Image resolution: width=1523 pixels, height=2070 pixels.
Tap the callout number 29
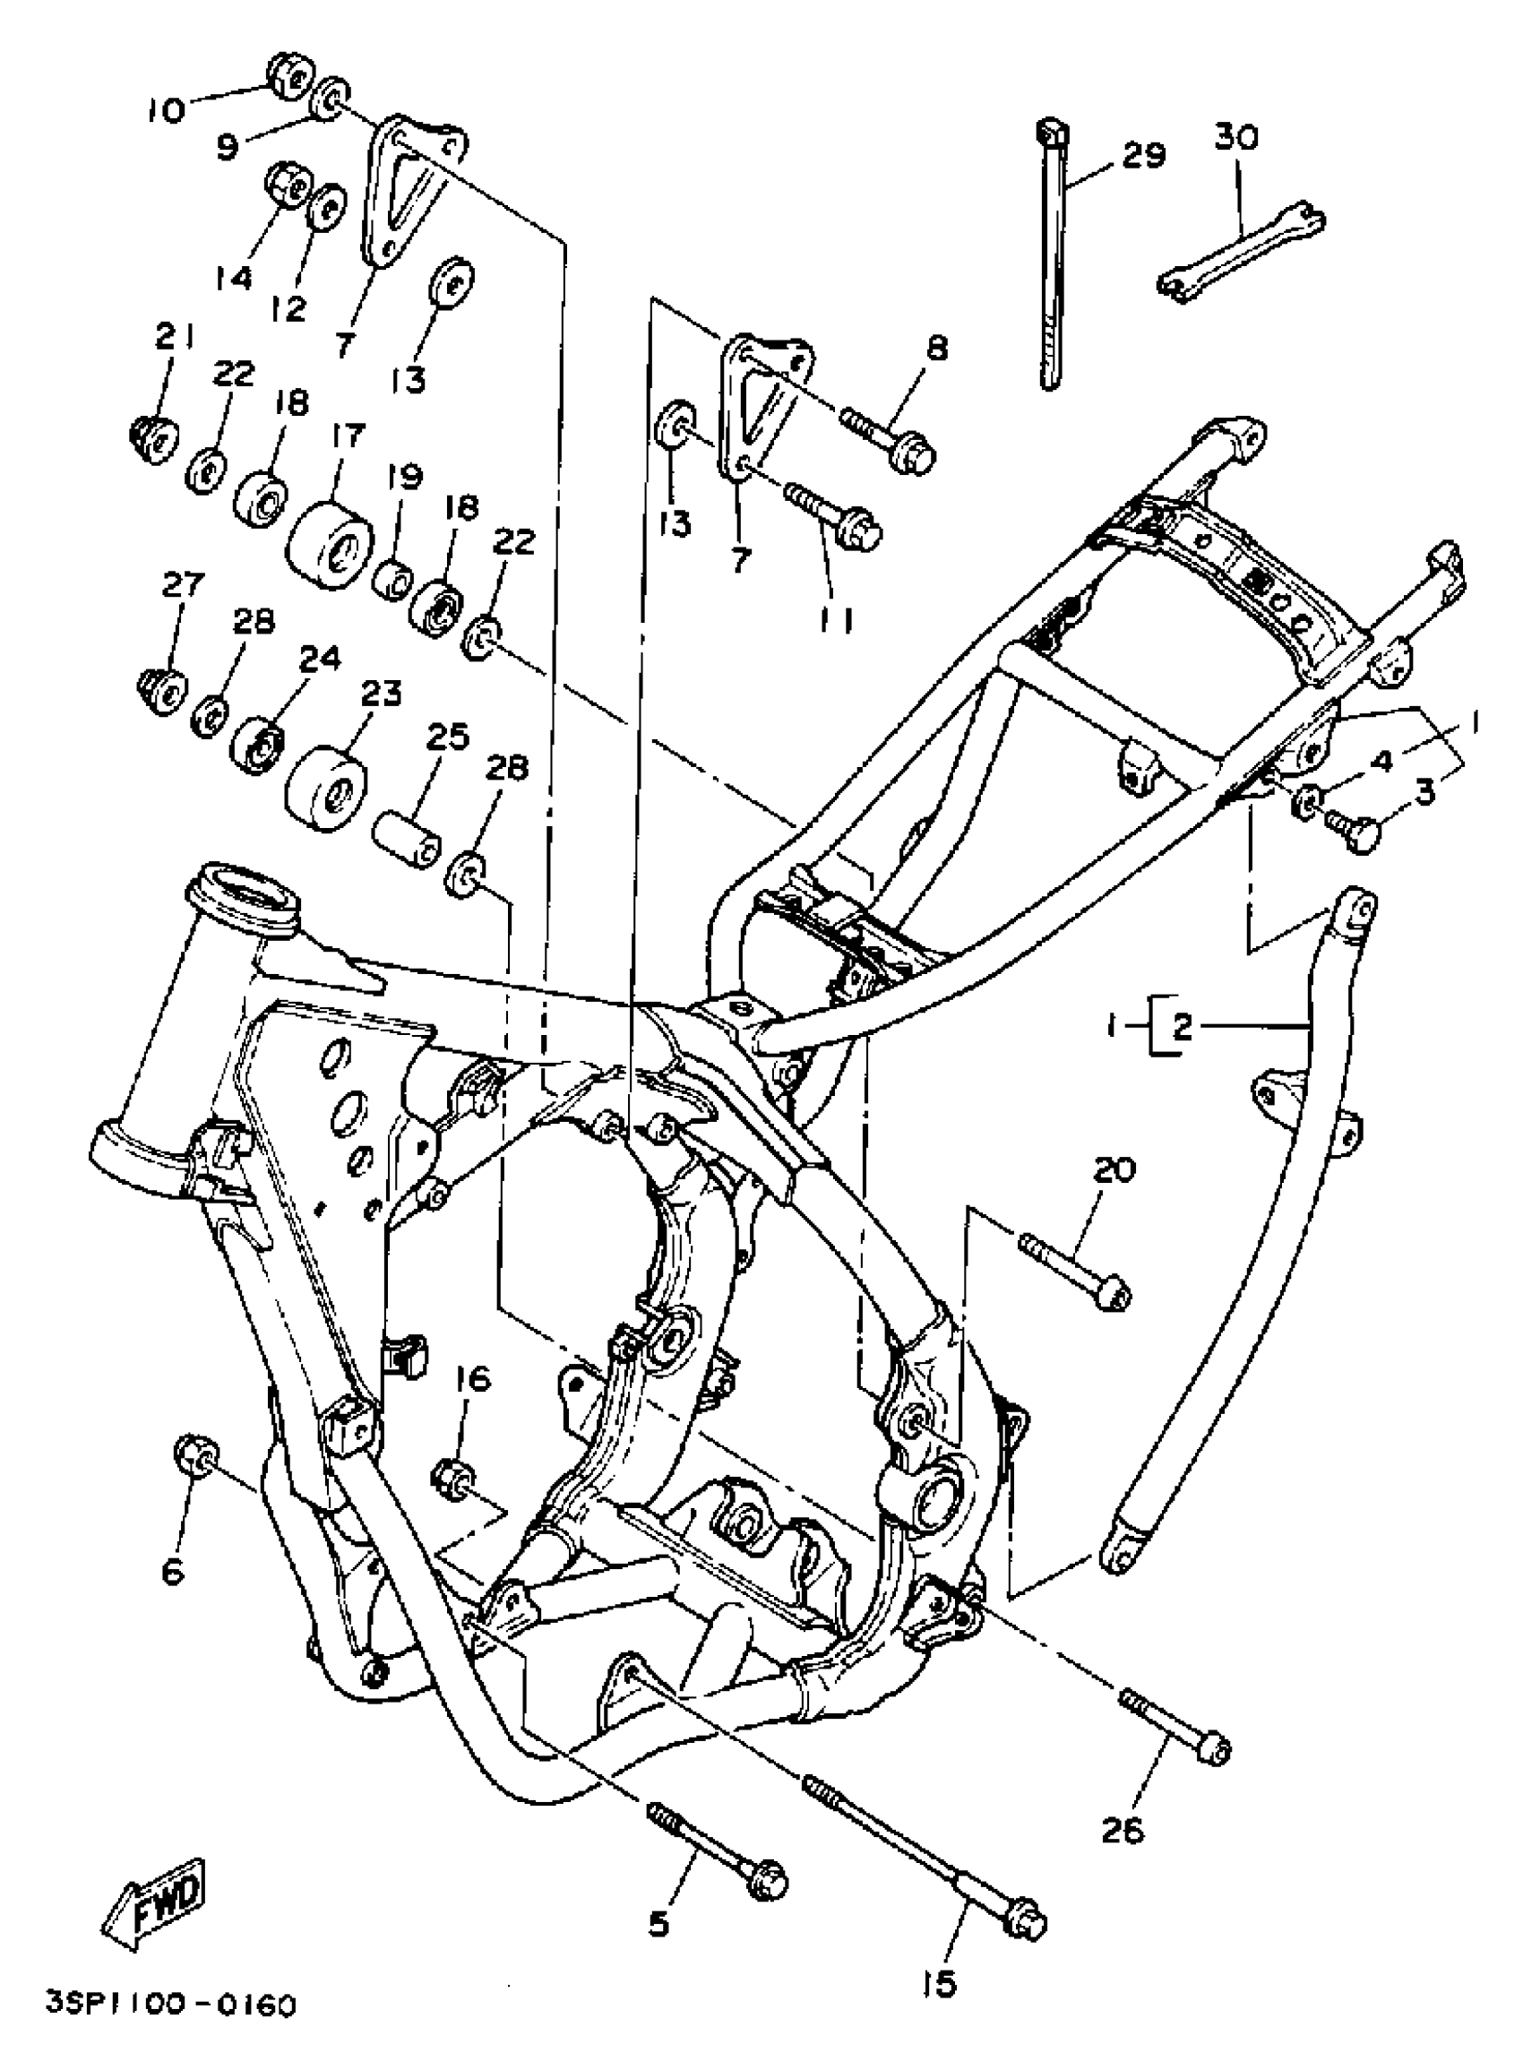pos(1142,156)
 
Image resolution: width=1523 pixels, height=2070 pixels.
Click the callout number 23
pos(381,693)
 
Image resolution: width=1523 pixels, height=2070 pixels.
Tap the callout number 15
pos(937,1981)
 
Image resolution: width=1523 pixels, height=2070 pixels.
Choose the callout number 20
pos(1114,1170)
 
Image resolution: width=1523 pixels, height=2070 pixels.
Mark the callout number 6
pos(173,1571)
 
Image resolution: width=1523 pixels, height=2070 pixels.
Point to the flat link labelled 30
pos(1240,250)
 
